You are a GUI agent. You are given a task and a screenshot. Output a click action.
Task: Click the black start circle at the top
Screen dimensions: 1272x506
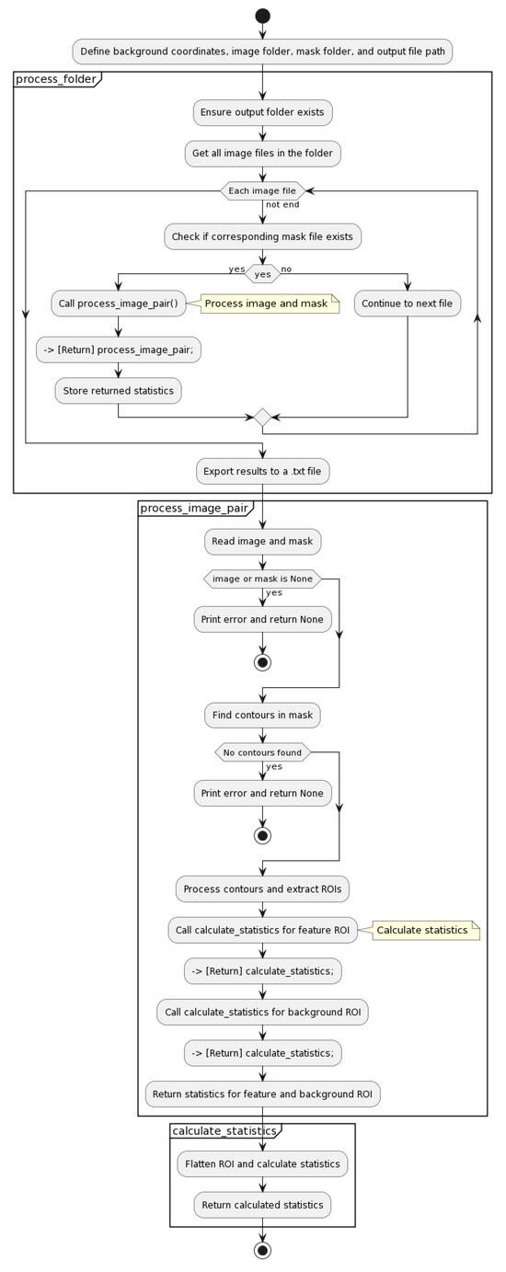262,16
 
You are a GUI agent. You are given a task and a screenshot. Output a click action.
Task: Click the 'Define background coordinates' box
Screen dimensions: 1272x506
262,51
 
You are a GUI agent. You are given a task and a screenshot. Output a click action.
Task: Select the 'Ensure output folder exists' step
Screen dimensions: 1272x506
262,113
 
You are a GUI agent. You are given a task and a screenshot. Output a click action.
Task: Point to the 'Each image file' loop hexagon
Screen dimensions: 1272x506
262,190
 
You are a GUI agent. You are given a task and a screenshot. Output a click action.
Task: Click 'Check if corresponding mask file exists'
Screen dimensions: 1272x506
262,236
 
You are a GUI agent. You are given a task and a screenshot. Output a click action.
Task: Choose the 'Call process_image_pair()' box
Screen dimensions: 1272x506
117,304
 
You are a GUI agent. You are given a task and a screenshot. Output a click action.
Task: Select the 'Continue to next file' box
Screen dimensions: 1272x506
408,304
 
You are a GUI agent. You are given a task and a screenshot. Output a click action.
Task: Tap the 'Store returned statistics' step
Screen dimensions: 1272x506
118,391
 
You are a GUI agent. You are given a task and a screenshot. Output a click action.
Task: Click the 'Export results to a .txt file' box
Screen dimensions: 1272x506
262,472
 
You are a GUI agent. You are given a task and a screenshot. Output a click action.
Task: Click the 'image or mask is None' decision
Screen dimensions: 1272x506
262,579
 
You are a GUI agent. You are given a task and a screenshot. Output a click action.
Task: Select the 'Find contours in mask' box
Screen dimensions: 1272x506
262,715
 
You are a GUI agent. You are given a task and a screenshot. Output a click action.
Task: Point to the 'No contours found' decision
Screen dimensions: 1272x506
262,752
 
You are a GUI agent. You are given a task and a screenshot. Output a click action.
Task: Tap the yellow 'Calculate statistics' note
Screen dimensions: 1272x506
422,930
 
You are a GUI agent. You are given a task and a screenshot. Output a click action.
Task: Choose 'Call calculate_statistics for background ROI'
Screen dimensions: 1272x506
262,1013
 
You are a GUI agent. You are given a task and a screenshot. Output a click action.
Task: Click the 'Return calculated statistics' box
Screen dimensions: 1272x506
262,1205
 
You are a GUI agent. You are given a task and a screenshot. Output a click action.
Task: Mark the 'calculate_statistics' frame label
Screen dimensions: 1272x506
224,1131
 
